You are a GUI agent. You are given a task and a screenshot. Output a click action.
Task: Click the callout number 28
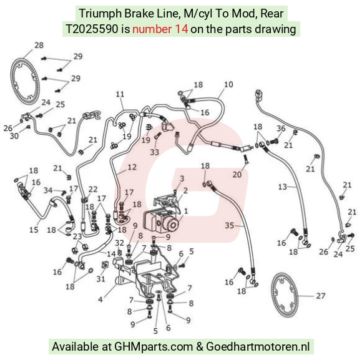click(39, 45)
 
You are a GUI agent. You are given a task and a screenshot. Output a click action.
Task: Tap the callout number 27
click(320, 296)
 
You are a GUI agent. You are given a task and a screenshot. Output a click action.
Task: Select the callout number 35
click(230, 225)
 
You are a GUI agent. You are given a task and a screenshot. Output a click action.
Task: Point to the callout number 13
click(282, 187)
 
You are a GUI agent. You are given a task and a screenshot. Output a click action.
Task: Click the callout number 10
click(228, 84)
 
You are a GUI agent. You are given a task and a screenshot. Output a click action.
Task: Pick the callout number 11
click(120, 94)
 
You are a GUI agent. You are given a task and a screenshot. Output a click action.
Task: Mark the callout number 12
click(132, 167)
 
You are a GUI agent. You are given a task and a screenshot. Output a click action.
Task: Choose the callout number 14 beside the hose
click(111, 254)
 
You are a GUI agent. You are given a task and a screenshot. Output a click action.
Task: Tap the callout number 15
click(34, 230)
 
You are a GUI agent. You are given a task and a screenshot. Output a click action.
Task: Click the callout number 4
click(100, 299)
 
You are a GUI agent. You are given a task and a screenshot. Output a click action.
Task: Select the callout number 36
click(281, 129)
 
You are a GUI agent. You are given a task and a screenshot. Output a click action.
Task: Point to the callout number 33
click(154, 152)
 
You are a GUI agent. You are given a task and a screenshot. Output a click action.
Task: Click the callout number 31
click(100, 279)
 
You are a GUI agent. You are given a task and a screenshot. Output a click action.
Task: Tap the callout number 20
click(237, 175)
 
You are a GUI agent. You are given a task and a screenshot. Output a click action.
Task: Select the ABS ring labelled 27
click(284, 296)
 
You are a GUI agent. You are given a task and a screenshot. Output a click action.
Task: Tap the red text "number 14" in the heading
click(160, 29)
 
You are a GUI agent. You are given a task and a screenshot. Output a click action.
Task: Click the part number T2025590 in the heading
click(92, 29)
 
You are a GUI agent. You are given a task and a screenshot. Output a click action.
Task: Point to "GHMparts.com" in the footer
click(154, 347)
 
